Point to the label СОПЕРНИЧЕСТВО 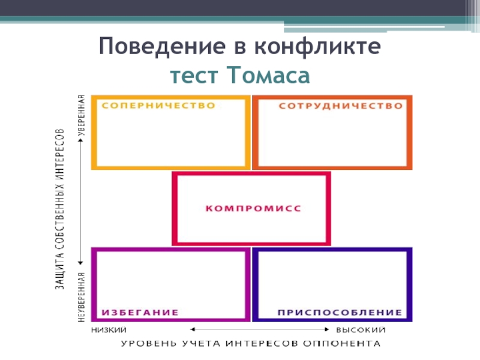tap(158, 106)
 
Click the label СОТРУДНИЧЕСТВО tap(340, 106)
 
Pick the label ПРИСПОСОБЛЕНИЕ tap(339, 313)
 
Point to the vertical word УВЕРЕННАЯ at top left tap(81, 116)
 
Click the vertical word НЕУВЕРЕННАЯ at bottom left tap(81, 298)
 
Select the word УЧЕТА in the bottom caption tap(201, 344)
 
